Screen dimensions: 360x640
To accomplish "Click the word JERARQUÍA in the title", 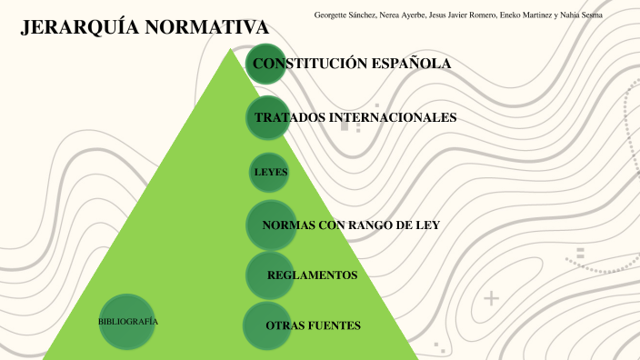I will tap(78, 29).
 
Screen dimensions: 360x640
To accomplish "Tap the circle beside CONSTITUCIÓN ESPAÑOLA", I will tap(266, 64).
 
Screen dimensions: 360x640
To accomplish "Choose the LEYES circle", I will tap(270, 172).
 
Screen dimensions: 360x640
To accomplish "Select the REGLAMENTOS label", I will tap(312, 275).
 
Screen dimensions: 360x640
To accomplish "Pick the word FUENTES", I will tap(335, 325).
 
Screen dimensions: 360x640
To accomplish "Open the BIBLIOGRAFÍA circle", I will tap(127, 322).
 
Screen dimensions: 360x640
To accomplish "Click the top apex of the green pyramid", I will tap(228, 51).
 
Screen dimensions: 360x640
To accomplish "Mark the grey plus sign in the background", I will tap(492, 298).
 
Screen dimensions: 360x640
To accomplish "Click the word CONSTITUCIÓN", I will tap(308, 64).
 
